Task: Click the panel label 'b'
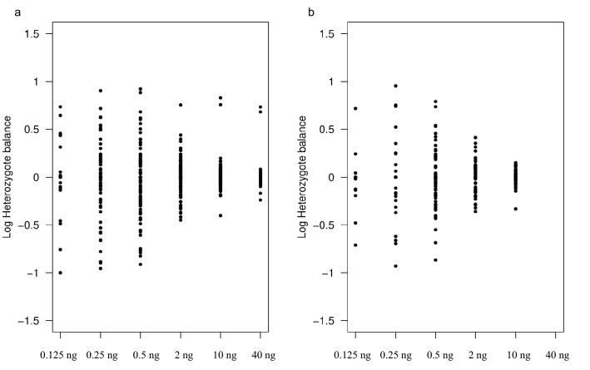[311, 12]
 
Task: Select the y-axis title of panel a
[8, 178]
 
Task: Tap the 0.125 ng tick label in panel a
[60, 355]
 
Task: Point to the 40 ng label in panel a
[260, 355]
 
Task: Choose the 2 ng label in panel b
[477, 355]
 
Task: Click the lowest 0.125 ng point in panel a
[60, 273]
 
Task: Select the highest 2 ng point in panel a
[181, 105]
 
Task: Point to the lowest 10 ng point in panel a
[221, 215]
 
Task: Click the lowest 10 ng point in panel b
[517, 209]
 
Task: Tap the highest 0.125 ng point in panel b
[355, 108]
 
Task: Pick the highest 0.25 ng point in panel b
[395, 86]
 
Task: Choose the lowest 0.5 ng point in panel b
[435, 260]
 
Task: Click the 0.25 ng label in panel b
[395, 355]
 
